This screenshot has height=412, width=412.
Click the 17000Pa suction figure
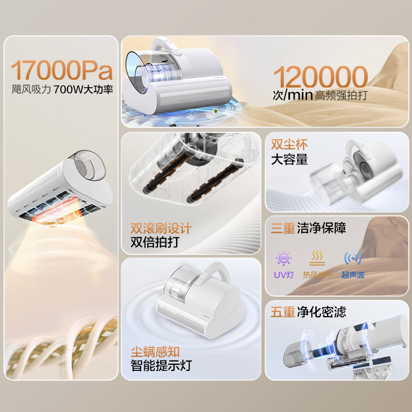click(61, 70)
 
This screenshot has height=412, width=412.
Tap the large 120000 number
click(320, 77)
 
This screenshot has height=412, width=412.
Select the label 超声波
click(353, 275)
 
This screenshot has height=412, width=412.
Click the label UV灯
click(283, 275)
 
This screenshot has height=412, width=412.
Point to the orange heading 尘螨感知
click(155, 352)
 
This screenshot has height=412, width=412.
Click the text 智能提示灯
click(161, 366)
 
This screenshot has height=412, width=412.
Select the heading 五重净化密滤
click(308, 312)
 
